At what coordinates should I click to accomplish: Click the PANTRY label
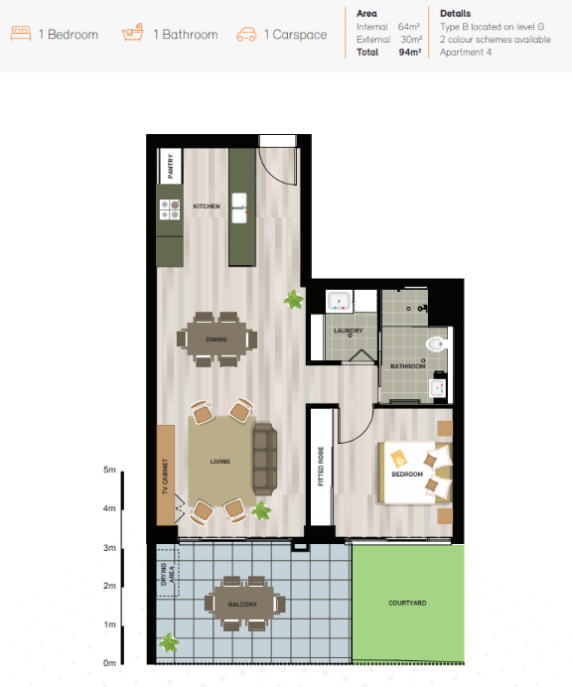click(171, 166)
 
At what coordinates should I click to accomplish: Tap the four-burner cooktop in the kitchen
click(170, 209)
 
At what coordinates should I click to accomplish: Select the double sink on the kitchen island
click(239, 207)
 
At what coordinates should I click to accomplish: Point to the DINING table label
click(216, 340)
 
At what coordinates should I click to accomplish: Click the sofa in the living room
click(264, 459)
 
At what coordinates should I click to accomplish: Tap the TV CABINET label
click(165, 477)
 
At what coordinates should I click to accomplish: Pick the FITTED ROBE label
click(321, 467)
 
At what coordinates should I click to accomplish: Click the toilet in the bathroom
click(437, 343)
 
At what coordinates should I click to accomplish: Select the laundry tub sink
click(339, 301)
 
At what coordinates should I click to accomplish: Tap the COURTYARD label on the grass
click(407, 603)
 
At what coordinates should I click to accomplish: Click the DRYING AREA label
click(168, 575)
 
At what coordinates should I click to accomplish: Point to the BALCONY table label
click(242, 605)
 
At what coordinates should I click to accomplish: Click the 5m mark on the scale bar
click(109, 470)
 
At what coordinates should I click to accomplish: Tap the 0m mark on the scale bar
click(109, 663)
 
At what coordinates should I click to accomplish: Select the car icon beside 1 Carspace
click(246, 35)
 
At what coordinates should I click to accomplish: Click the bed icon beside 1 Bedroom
click(21, 34)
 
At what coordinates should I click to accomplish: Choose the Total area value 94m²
click(410, 53)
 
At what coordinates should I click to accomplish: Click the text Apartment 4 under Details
click(466, 53)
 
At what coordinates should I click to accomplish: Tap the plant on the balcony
click(169, 642)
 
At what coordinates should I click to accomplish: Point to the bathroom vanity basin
click(438, 388)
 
